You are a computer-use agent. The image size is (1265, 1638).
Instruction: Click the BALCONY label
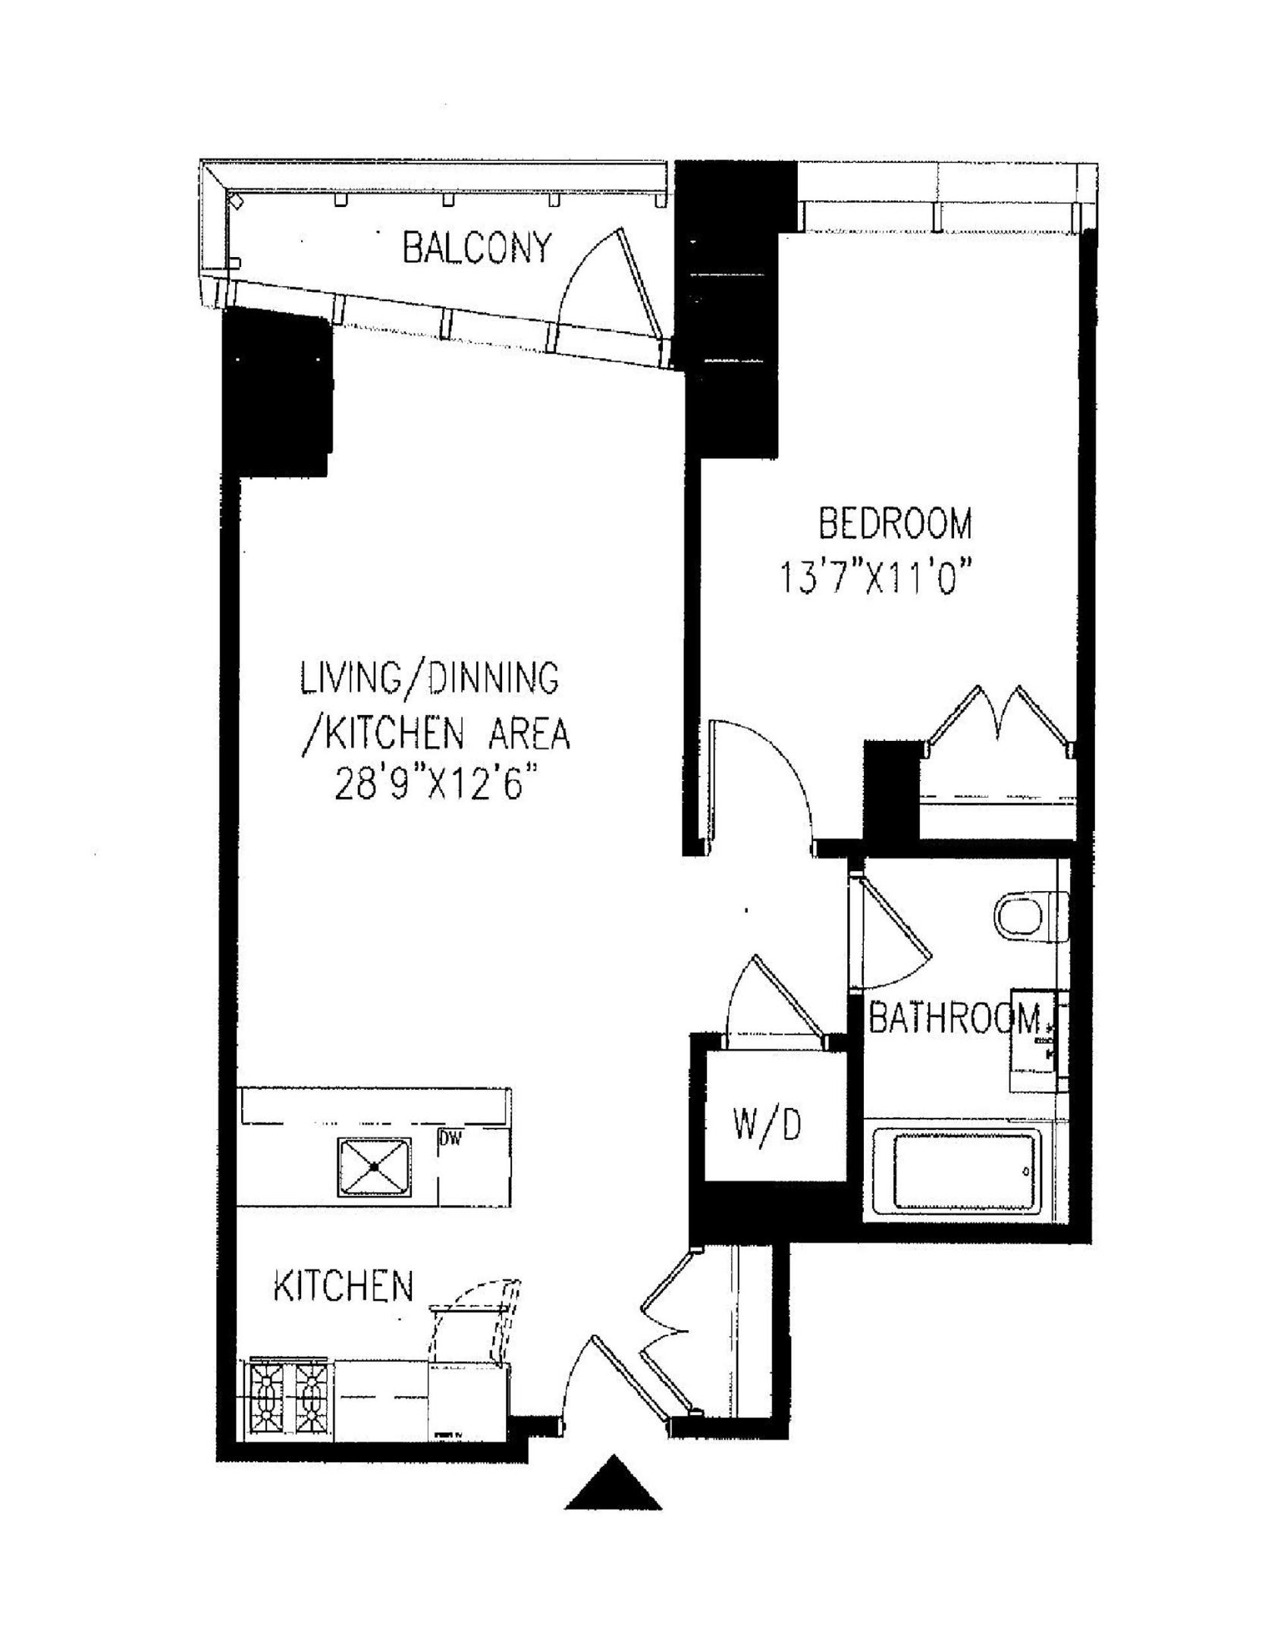[476, 249]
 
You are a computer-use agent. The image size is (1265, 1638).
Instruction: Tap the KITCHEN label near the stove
[344, 1286]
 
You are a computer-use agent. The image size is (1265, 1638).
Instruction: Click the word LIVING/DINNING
[429, 678]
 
